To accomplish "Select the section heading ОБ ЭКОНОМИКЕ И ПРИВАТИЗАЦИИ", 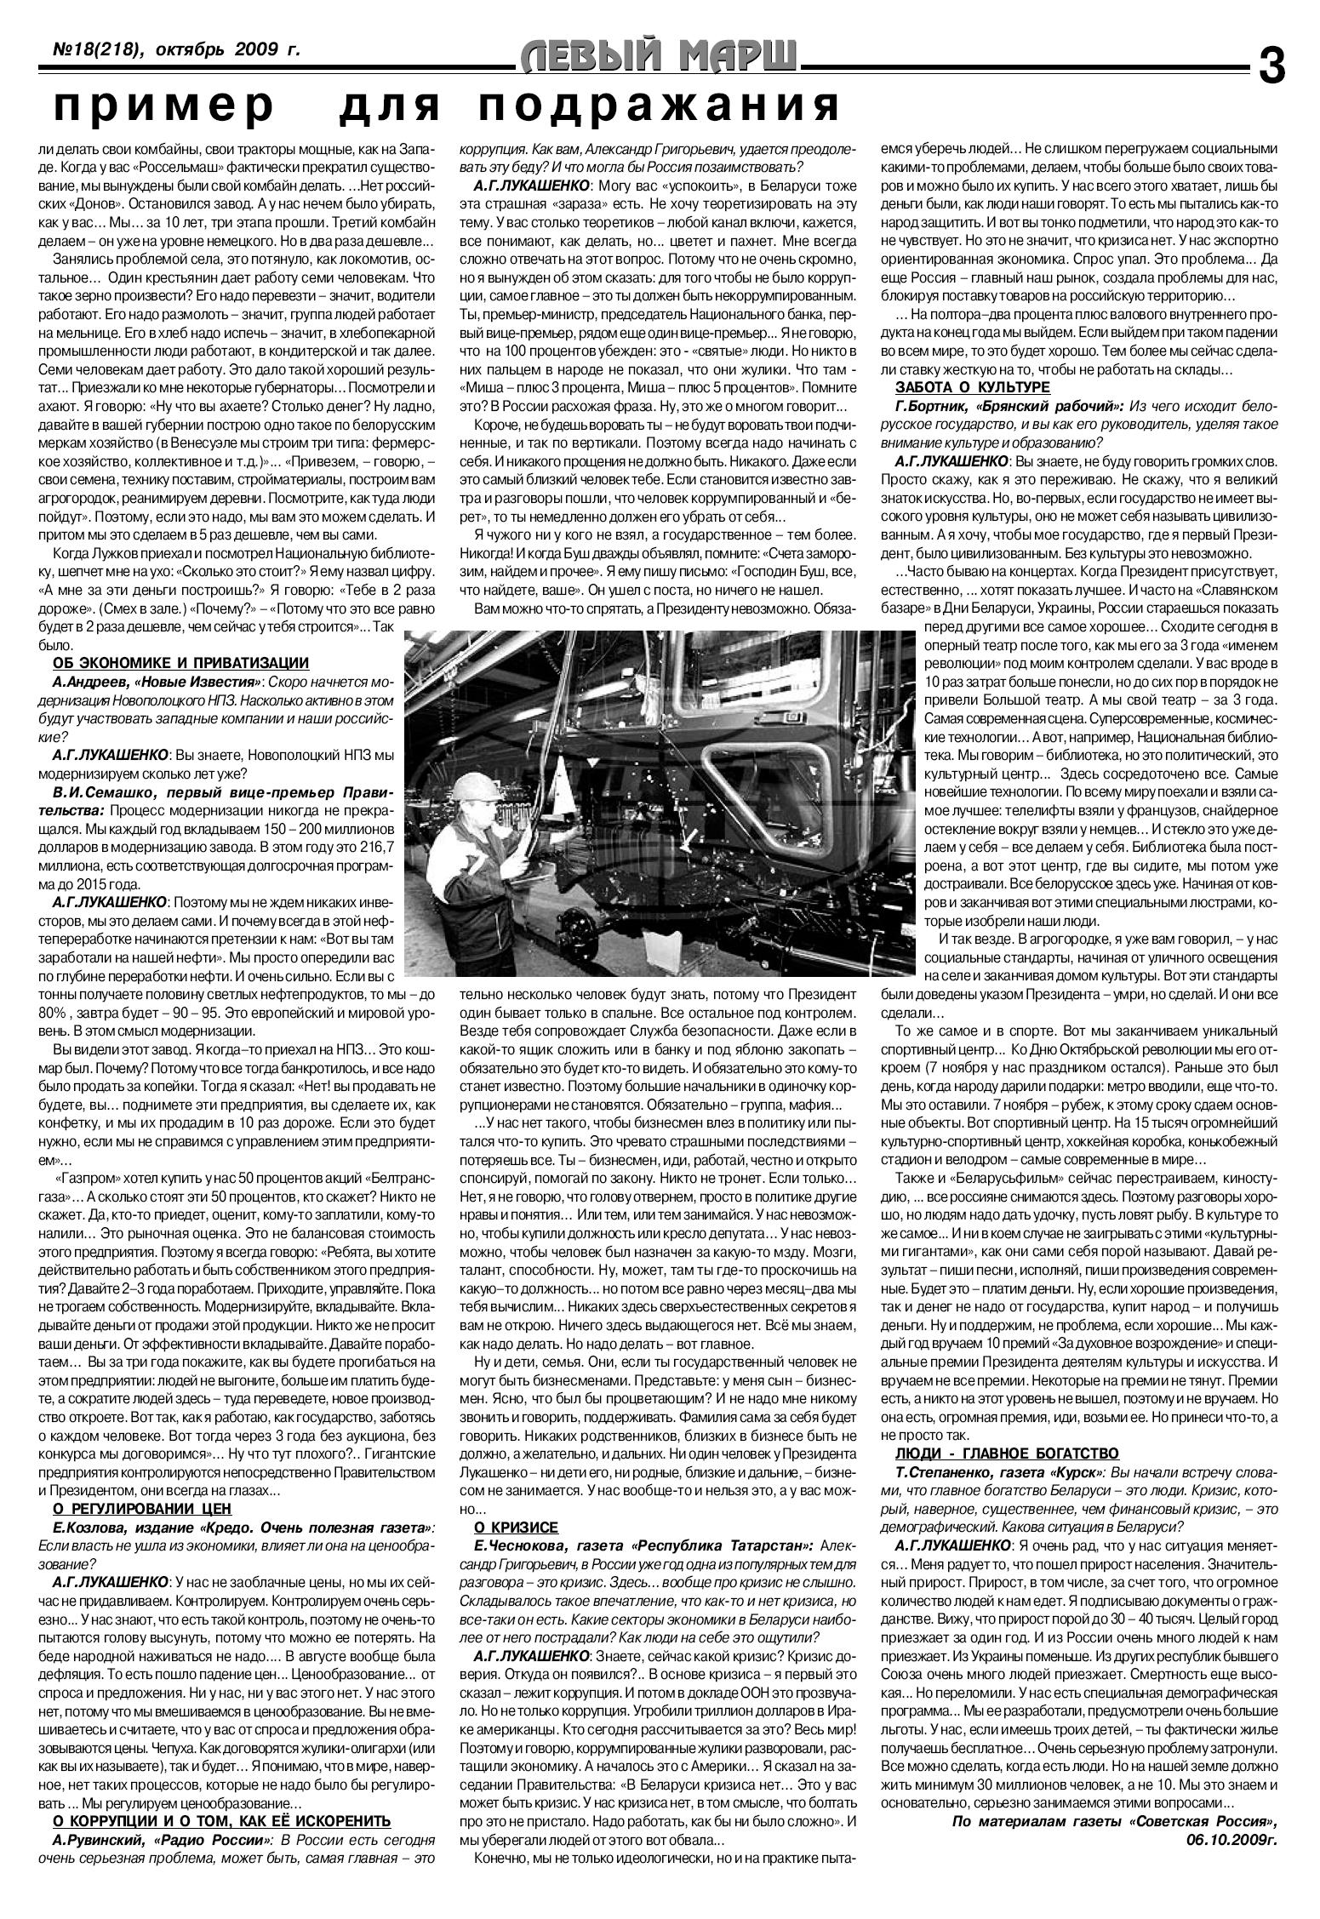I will point(180,664).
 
